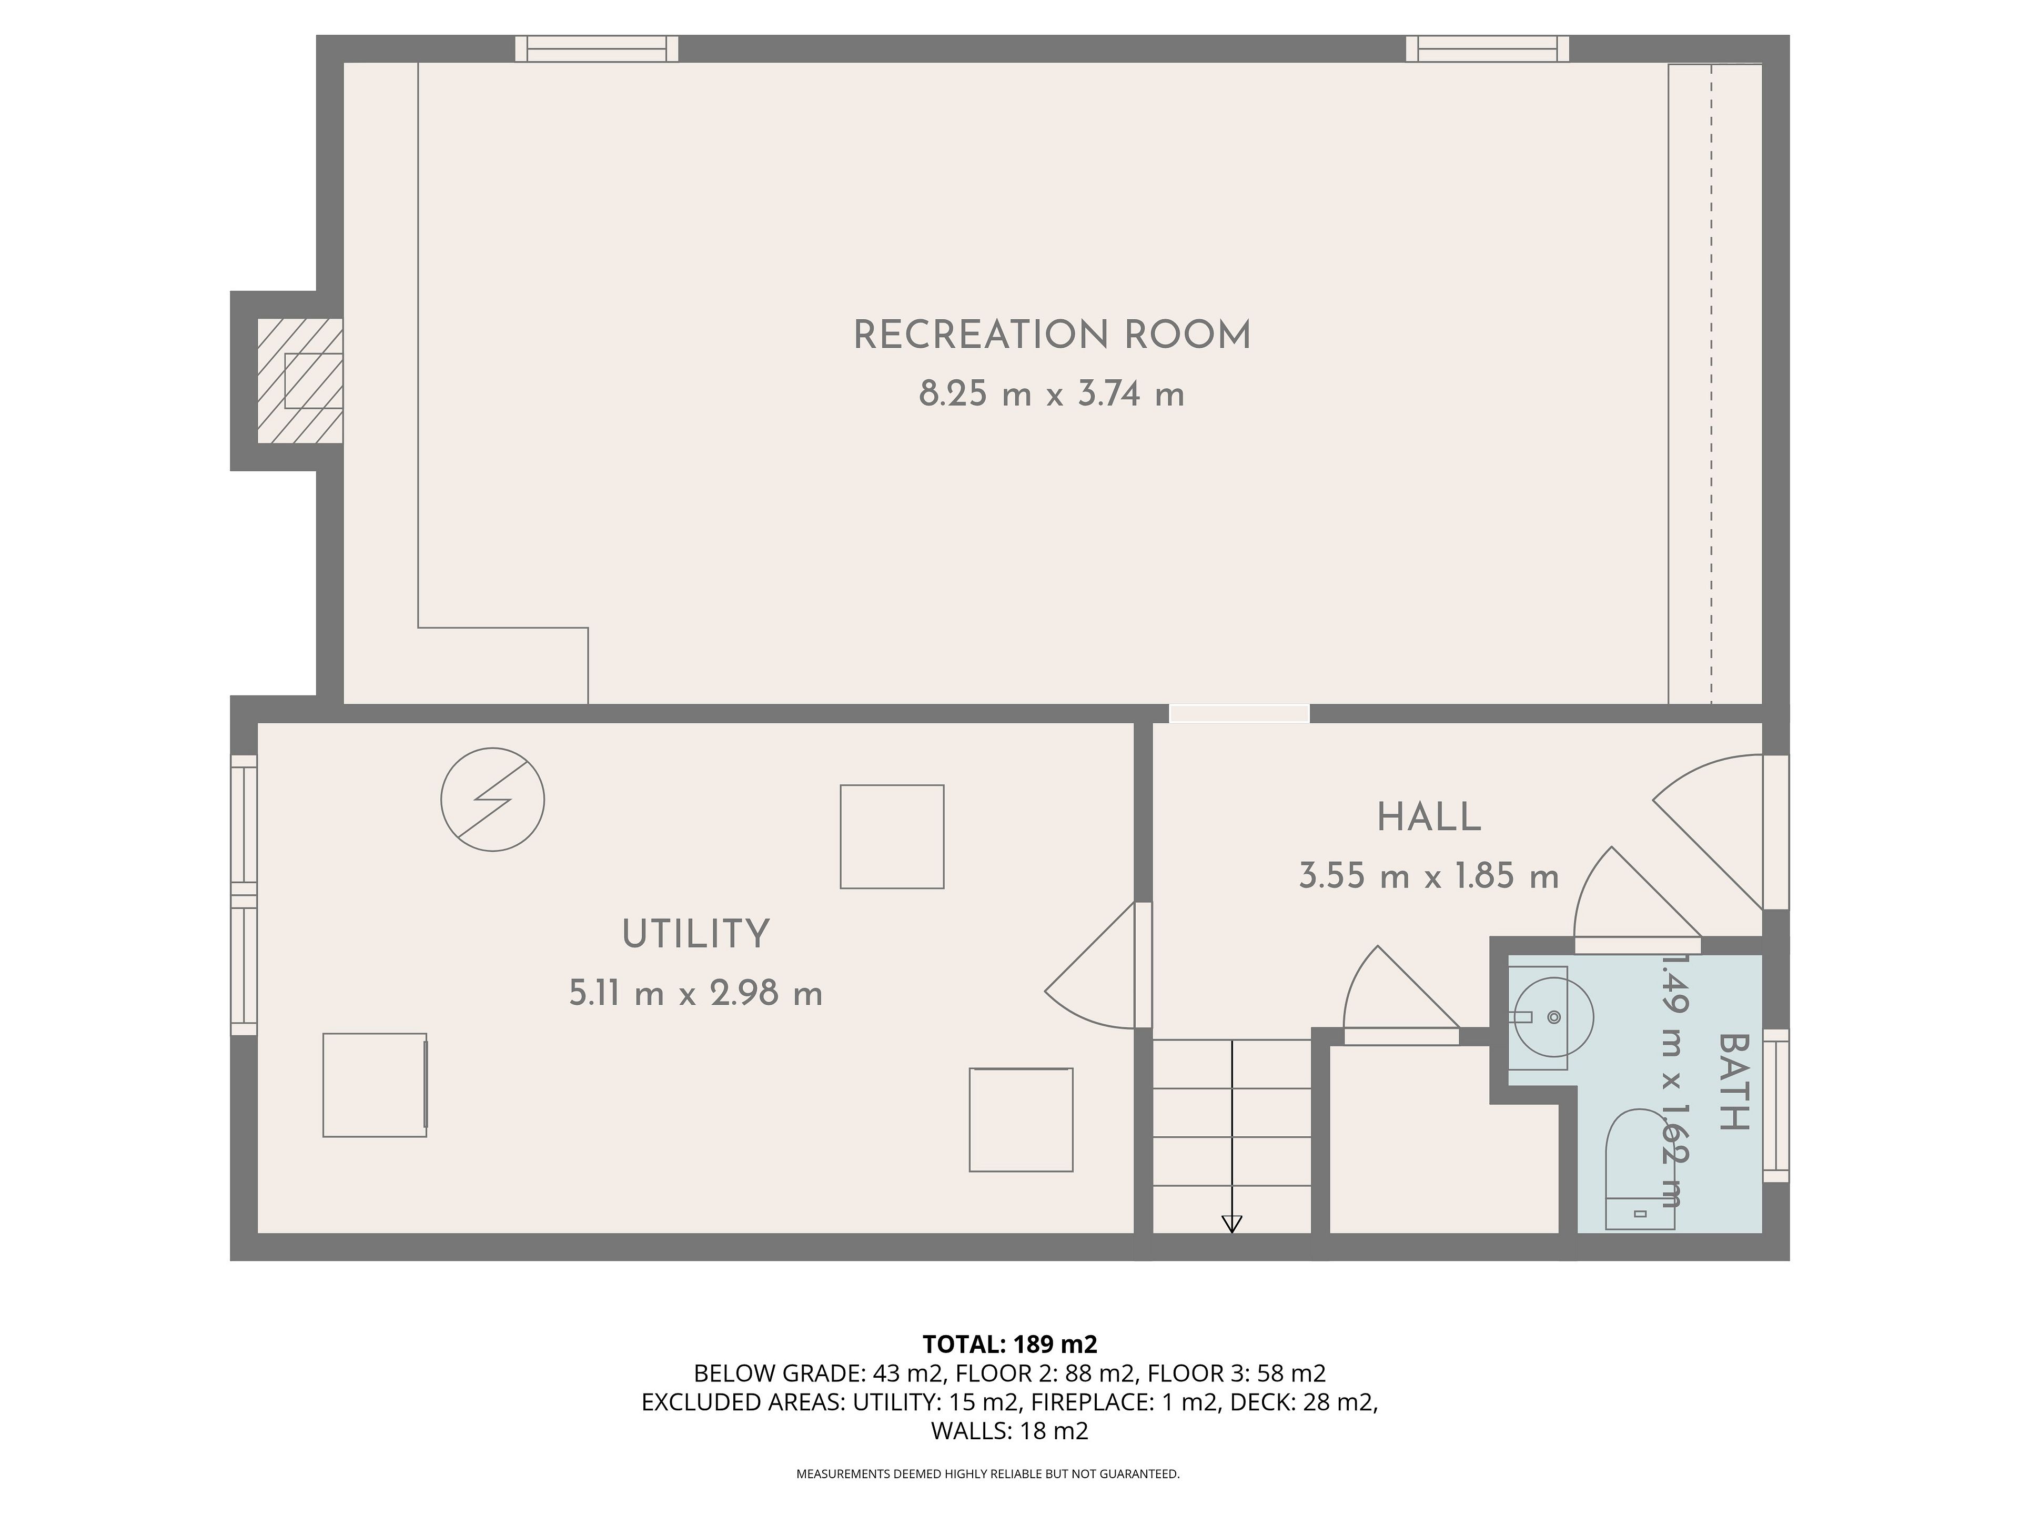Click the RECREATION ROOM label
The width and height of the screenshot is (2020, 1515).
pyautogui.click(x=1052, y=335)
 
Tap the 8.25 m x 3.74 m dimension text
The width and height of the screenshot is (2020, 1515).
pyautogui.click(x=1052, y=395)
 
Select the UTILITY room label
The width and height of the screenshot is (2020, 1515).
pyautogui.click(x=696, y=934)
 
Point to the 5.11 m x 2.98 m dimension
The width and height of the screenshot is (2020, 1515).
pyautogui.click(x=696, y=993)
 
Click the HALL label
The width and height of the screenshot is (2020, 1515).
pyautogui.click(x=1429, y=817)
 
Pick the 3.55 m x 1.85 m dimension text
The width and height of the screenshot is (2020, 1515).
pyautogui.click(x=1429, y=877)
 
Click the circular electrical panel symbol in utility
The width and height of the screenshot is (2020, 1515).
pyautogui.click(x=493, y=800)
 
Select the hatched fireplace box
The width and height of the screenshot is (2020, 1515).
pyautogui.click(x=300, y=381)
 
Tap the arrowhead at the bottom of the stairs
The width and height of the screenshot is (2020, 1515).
pyautogui.click(x=1232, y=1225)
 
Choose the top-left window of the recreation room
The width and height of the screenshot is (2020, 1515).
pyautogui.click(x=597, y=48)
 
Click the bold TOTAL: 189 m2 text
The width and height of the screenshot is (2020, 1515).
pyautogui.click(x=1010, y=1344)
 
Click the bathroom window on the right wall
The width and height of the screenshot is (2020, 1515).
pyautogui.click(x=1776, y=1106)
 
